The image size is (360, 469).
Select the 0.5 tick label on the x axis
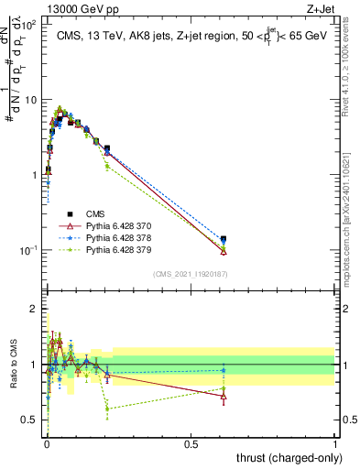191,442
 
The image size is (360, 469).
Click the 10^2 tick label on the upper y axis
27,25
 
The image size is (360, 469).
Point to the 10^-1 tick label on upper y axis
27,250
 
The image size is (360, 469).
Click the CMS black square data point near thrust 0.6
224,239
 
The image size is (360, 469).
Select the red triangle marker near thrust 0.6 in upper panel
224,251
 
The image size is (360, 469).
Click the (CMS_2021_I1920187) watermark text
190,273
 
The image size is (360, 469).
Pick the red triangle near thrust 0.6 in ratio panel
224,397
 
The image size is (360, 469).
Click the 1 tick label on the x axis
334,442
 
